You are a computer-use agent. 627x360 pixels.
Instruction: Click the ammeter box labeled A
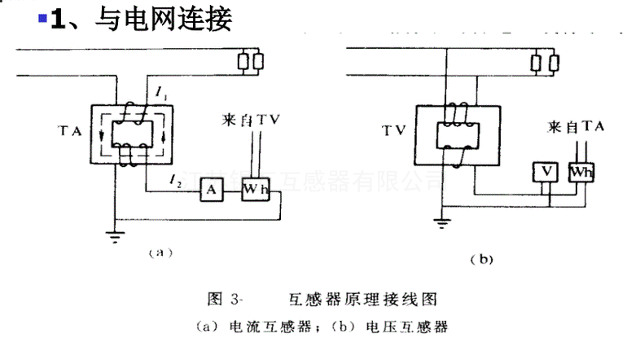click(210, 190)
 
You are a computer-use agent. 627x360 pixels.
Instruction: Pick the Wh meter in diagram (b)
click(581, 171)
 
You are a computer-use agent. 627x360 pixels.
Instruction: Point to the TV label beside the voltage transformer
click(395, 130)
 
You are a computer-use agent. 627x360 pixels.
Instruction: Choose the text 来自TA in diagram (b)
click(576, 128)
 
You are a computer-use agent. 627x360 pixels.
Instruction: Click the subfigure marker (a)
click(160, 253)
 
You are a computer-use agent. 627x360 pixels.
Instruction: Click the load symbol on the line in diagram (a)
click(249, 61)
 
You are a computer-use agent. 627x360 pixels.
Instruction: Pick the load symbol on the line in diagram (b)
click(544, 61)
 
